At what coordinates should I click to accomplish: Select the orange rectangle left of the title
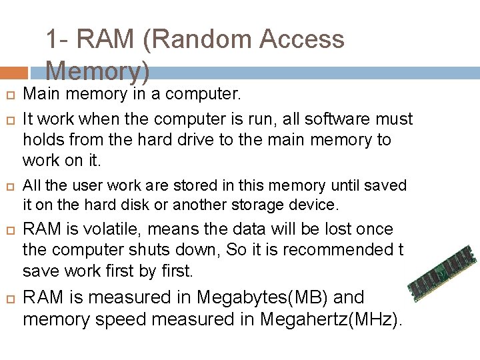[x=13, y=72]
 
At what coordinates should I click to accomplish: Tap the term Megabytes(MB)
[x=260, y=297]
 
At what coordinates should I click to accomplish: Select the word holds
[x=41, y=140]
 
